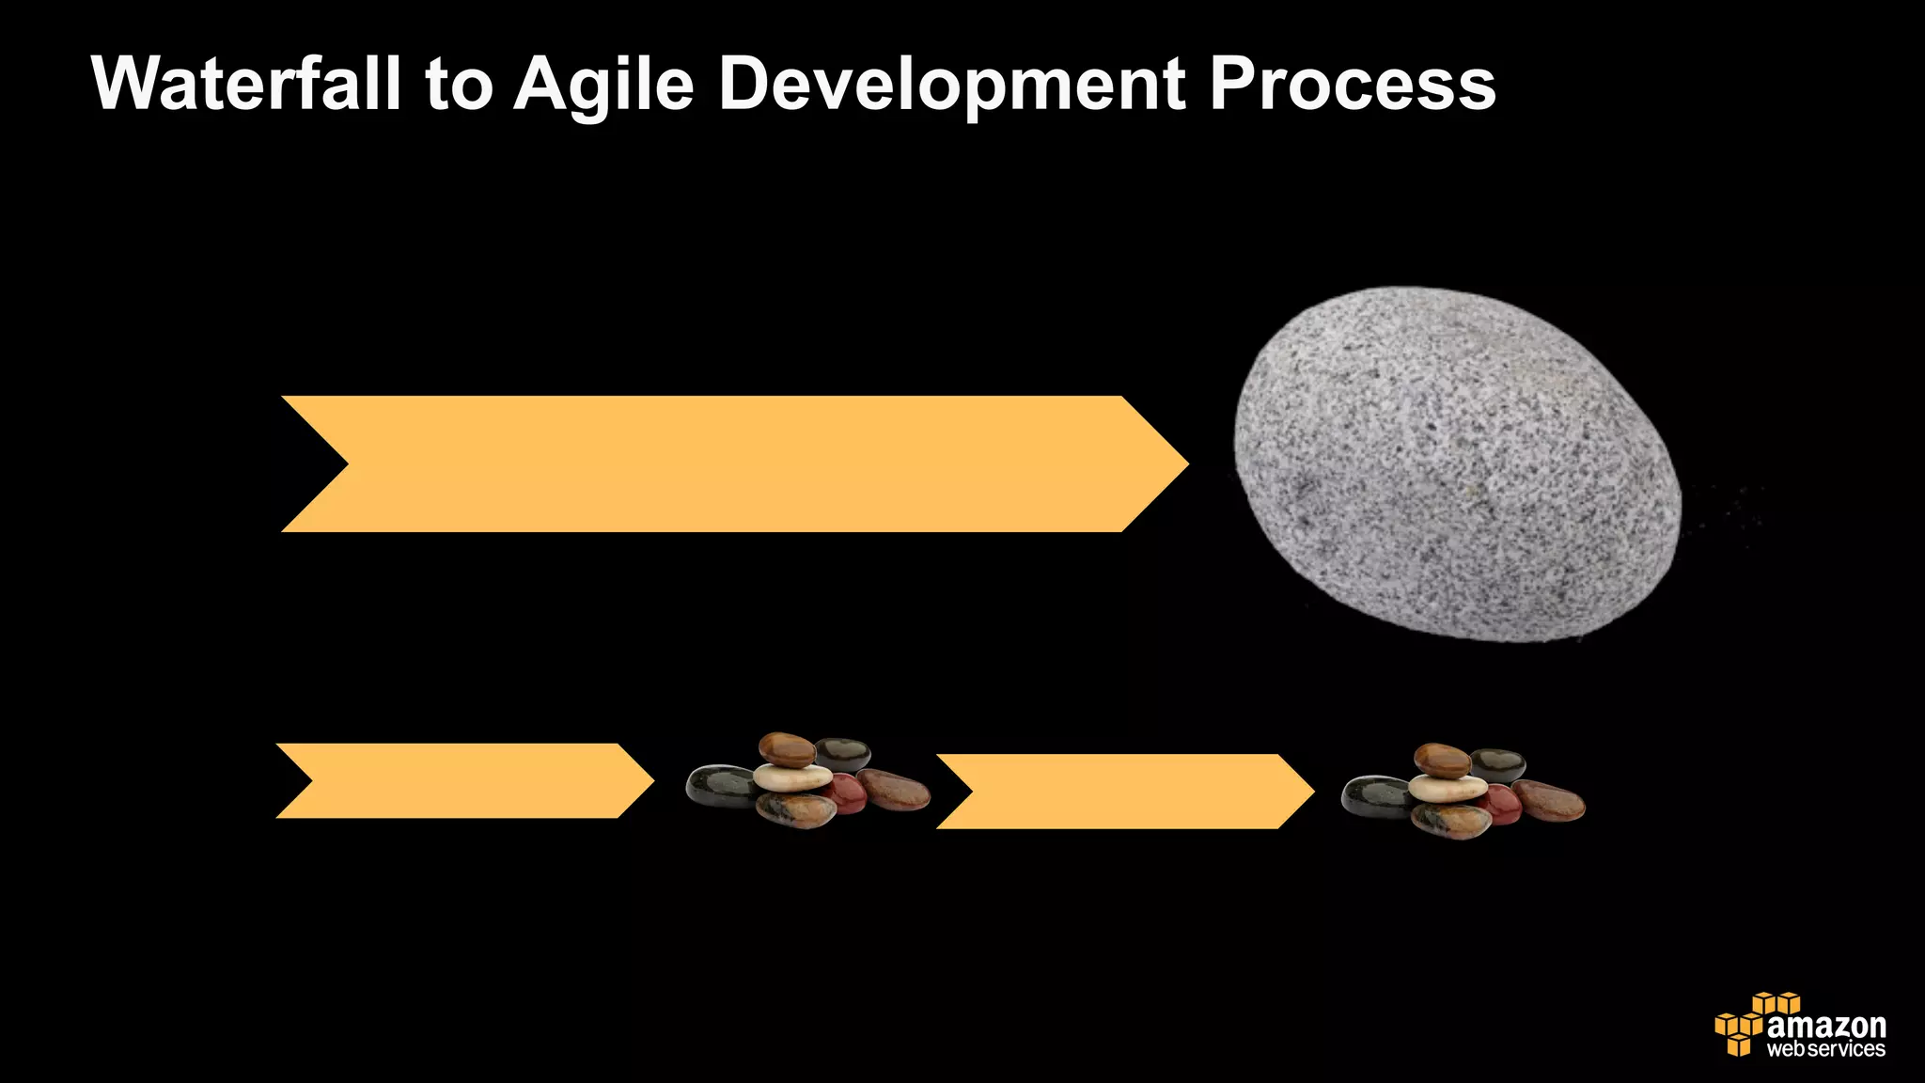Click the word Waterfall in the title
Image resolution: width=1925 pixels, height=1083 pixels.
click(x=246, y=85)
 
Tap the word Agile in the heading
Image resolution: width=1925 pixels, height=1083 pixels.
click(x=603, y=85)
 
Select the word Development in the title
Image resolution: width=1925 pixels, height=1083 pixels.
click(x=951, y=85)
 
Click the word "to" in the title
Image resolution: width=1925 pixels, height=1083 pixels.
click(x=459, y=85)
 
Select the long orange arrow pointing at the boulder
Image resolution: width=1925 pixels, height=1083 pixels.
click(x=733, y=464)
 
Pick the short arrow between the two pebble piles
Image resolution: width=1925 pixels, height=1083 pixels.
click(x=1124, y=792)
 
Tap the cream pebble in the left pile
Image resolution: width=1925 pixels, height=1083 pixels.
click(x=792, y=777)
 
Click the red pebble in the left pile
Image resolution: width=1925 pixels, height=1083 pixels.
click(x=847, y=793)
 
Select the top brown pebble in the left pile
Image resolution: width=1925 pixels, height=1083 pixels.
click(x=787, y=749)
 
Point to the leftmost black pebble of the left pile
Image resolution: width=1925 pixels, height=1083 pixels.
click(x=720, y=786)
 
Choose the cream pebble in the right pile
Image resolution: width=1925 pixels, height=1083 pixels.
click(x=1448, y=788)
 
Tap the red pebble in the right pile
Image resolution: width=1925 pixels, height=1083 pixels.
click(x=1501, y=805)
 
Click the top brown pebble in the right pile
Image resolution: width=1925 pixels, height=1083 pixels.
click(x=1442, y=760)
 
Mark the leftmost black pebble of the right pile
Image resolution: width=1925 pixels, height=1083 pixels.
click(x=1375, y=796)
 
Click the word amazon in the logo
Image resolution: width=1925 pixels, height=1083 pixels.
click(x=1825, y=1026)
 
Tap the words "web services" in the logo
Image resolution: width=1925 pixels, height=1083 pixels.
click(x=1825, y=1049)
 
